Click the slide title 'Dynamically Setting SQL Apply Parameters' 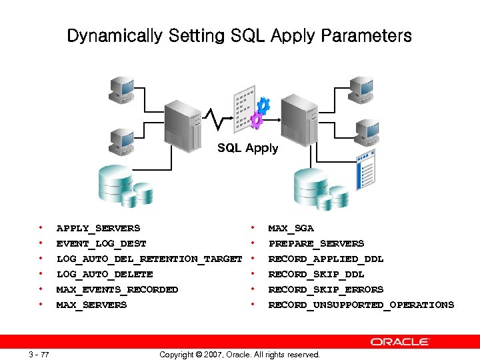(x=239, y=36)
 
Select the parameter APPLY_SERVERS (x=98, y=228)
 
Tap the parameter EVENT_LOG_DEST (x=101, y=243)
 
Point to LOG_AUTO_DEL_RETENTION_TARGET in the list (x=149, y=259)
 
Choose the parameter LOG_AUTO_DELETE (x=105, y=274)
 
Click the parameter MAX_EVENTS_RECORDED (x=117, y=289)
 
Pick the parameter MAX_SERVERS (x=91, y=305)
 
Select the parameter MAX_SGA (x=291, y=228)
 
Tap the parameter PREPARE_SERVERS (x=316, y=243)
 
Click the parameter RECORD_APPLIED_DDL (x=326, y=259)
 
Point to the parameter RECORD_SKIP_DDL (x=316, y=274)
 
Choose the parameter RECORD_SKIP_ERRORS (x=326, y=289)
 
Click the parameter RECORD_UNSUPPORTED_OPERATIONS (x=361, y=305)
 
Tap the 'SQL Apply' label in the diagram (x=247, y=148)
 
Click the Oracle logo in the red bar (x=400, y=341)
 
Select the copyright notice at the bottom (x=239, y=355)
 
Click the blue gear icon (x=263, y=105)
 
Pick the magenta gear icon (x=255, y=121)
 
